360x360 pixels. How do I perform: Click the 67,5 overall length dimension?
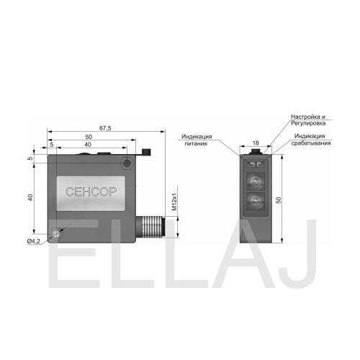(105, 128)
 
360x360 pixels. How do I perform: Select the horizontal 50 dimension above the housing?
(89, 137)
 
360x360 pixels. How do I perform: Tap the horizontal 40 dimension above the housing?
(88, 145)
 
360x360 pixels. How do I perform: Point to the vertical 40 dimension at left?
(30, 197)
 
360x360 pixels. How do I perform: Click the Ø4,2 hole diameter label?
(34, 241)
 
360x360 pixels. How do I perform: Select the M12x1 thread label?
(174, 202)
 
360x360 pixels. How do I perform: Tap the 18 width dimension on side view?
(256, 143)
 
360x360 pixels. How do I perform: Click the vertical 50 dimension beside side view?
(279, 200)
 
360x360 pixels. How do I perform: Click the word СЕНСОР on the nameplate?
(91, 192)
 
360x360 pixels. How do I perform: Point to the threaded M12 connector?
(150, 227)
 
